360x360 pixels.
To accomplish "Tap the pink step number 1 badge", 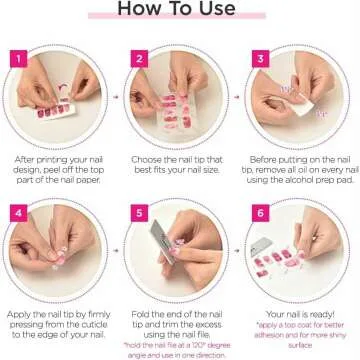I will point(17,58).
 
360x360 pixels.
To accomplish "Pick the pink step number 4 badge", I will point(17,212).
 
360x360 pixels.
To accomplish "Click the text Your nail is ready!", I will point(301,313).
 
